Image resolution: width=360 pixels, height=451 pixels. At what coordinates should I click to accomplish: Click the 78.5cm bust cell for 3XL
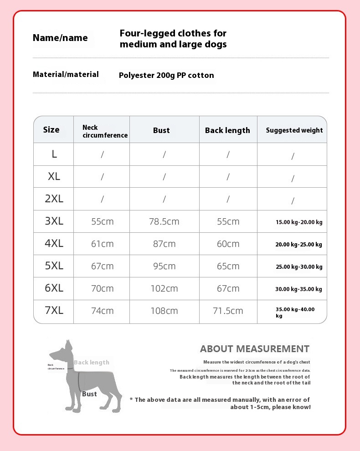tap(164, 222)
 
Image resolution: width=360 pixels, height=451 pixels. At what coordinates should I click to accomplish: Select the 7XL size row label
tap(54, 311)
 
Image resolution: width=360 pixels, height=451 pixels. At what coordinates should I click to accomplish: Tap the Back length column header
tap(227, 130)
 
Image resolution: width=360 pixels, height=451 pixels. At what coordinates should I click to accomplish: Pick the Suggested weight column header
tap(294, 130)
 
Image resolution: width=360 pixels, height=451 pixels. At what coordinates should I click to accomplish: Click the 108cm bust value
tap(164, 311)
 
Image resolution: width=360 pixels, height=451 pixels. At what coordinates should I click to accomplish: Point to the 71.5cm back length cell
tap(228, 311)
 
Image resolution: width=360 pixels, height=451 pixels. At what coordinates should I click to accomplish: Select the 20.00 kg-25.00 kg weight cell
tap(298, 245)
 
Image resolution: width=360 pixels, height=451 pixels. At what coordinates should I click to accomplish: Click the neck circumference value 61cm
tap(103, 244)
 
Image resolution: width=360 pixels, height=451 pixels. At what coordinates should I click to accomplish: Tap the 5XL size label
tap(54, 266)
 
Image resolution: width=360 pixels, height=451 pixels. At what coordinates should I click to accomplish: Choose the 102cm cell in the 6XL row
tap(164, 289)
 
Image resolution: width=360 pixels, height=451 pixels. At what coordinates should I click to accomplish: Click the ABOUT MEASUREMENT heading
tap(255, 349)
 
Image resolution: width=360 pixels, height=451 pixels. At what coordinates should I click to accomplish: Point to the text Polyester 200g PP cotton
tap(166, 76)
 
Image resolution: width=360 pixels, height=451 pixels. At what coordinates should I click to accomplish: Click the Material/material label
tap(66, 74)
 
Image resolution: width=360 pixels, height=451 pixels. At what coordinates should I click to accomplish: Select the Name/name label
tap(60, 38)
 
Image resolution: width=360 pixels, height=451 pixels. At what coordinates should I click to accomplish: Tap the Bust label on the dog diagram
tap(89, 394)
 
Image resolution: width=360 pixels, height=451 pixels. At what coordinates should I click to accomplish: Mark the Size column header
tap(51, 130)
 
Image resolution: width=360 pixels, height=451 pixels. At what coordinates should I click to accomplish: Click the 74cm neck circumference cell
tap(103, 311)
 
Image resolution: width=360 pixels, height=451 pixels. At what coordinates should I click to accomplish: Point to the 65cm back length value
tap(228, 266)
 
